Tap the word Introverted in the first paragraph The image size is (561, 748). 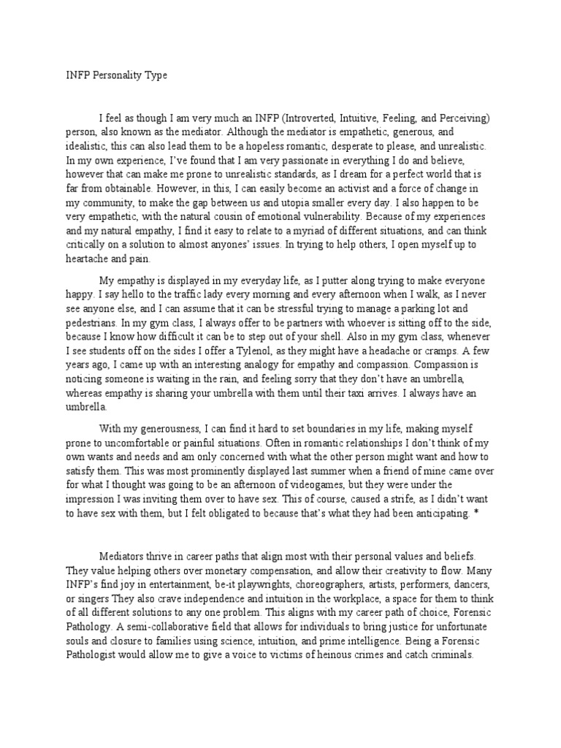(313, 118)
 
